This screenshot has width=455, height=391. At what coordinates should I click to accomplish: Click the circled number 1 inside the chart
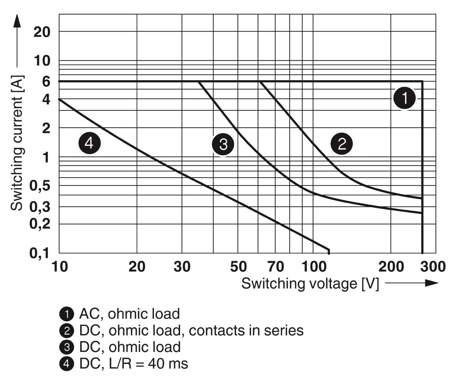(405, 98)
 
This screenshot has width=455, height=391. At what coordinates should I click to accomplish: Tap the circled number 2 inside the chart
(342, 143)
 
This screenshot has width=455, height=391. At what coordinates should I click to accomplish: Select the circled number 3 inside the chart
(223, 144)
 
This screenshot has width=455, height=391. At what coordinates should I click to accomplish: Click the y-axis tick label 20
(42, 32)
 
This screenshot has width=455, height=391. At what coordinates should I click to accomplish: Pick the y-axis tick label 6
(46, 81)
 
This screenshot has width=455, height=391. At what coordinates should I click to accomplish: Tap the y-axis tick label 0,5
(39, 185)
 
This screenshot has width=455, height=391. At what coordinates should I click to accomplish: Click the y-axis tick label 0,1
(39, 253)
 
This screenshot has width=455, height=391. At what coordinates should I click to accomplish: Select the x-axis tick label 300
(433, 267)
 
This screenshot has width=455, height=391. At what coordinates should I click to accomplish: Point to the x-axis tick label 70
(276, 267)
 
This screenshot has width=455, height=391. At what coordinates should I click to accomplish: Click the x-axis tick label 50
(238, 267)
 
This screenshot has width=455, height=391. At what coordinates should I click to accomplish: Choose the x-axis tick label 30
(182, 267)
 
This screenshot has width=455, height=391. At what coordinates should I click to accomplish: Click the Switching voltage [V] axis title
(310, 284)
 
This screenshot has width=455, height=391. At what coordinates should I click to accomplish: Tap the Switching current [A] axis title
(17, 143)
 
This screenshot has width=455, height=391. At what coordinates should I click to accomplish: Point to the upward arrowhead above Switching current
(17, 21)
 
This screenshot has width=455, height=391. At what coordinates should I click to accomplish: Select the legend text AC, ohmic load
(130, 314)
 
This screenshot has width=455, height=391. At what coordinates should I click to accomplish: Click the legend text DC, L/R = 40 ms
(133, 363)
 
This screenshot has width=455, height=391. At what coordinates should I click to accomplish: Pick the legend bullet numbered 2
(67, 331)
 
